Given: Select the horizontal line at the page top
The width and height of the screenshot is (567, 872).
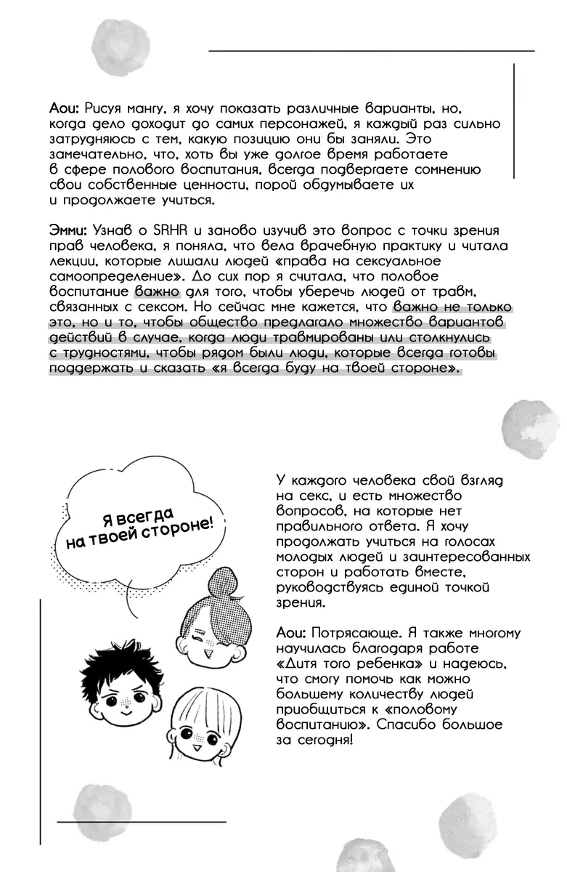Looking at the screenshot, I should (x=371, y=51).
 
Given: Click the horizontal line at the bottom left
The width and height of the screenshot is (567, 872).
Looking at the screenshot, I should (x=142, y=821).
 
